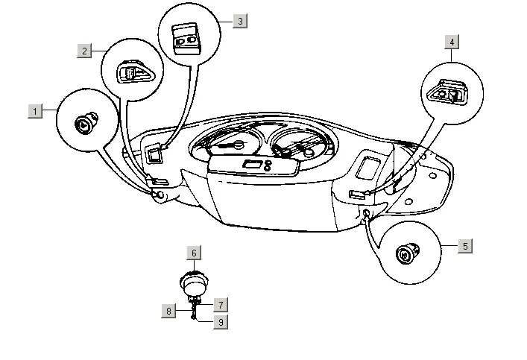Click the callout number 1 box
pos(34,111)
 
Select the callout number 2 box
pos(86,51)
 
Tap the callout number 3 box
pos(239,21)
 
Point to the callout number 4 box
pos(452,42)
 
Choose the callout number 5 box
pos(465,246)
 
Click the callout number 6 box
pos(194,253)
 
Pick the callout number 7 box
pos(221,305)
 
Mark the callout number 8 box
pos(169,311)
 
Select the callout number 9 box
pos(221,322)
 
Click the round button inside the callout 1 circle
pos(83,122)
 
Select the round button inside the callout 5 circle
pos(407,256)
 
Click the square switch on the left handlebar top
pos(154,154)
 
